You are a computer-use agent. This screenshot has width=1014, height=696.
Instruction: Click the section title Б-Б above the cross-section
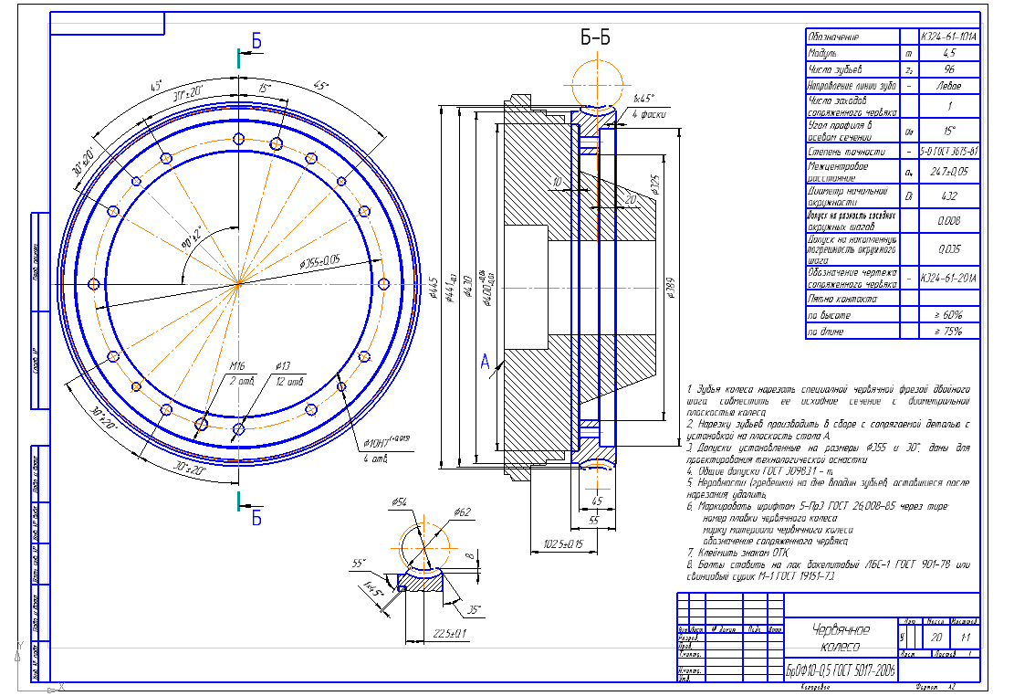596,37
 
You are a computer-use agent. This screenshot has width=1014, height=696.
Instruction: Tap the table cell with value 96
948,69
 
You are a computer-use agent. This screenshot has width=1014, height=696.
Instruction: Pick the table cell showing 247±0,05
948,170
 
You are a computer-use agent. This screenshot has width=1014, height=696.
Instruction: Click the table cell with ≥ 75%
948,332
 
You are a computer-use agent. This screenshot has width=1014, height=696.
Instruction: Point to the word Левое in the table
948,86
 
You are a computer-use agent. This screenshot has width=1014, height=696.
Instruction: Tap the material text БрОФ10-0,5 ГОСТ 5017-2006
841,672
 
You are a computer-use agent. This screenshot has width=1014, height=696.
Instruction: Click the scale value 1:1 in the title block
965,638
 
